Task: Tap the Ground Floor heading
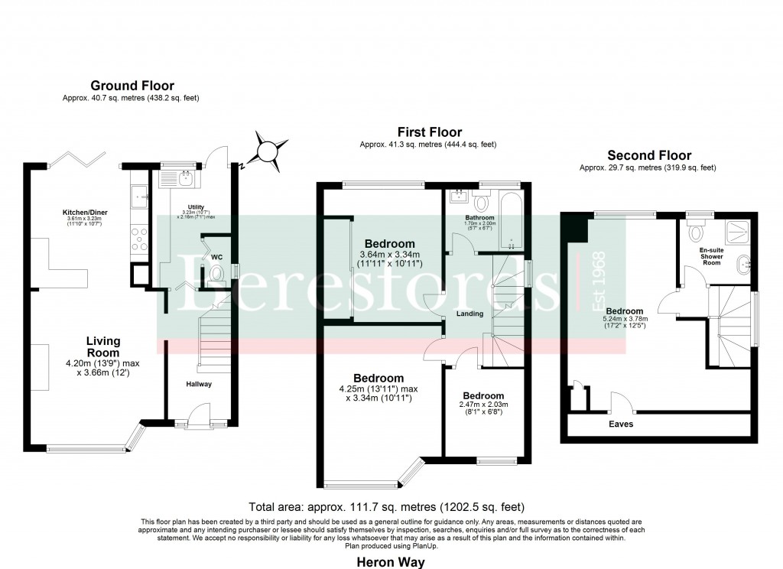point(132,86)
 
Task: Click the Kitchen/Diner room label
point(83,212)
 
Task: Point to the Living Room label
point(103,346)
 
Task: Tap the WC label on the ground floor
point(216,257)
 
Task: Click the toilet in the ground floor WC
point(217,274)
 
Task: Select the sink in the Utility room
point(185,179)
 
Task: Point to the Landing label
point(470,314)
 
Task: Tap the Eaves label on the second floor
point(621,424)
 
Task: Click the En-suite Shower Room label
point(711,256)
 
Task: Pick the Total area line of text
point(386,507)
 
